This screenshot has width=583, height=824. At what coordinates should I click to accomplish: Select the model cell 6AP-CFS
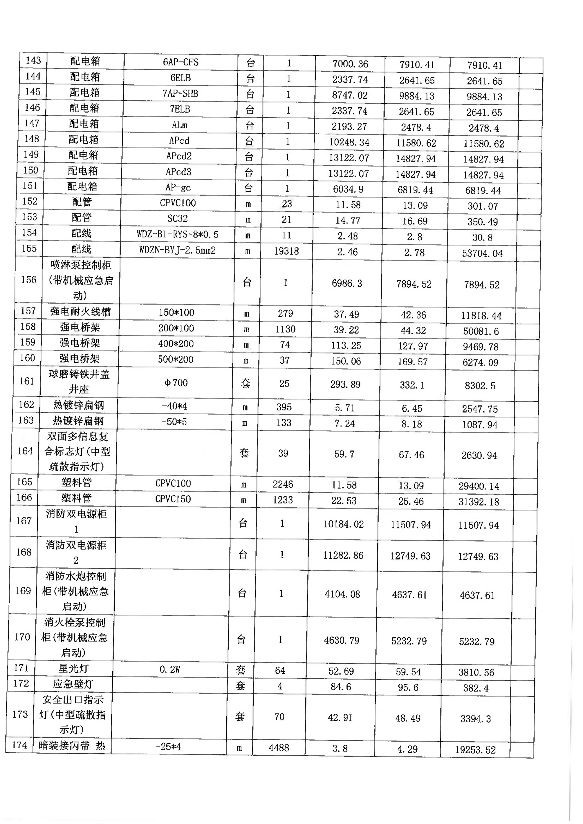[x=181, y=62]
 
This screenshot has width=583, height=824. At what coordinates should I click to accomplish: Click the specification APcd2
[x=179, y=156]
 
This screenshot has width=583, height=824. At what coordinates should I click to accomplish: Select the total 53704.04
[x=482, y=253]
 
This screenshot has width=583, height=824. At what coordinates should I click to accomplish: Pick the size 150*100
[x=176, y=313]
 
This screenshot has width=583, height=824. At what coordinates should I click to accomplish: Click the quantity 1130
[x=285, y=329]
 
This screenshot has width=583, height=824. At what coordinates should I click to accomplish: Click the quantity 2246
[x=283, y=484]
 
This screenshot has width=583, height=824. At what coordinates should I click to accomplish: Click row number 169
[x=23, y=591]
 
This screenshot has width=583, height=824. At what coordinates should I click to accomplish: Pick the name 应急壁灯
[x=73, y=684]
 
